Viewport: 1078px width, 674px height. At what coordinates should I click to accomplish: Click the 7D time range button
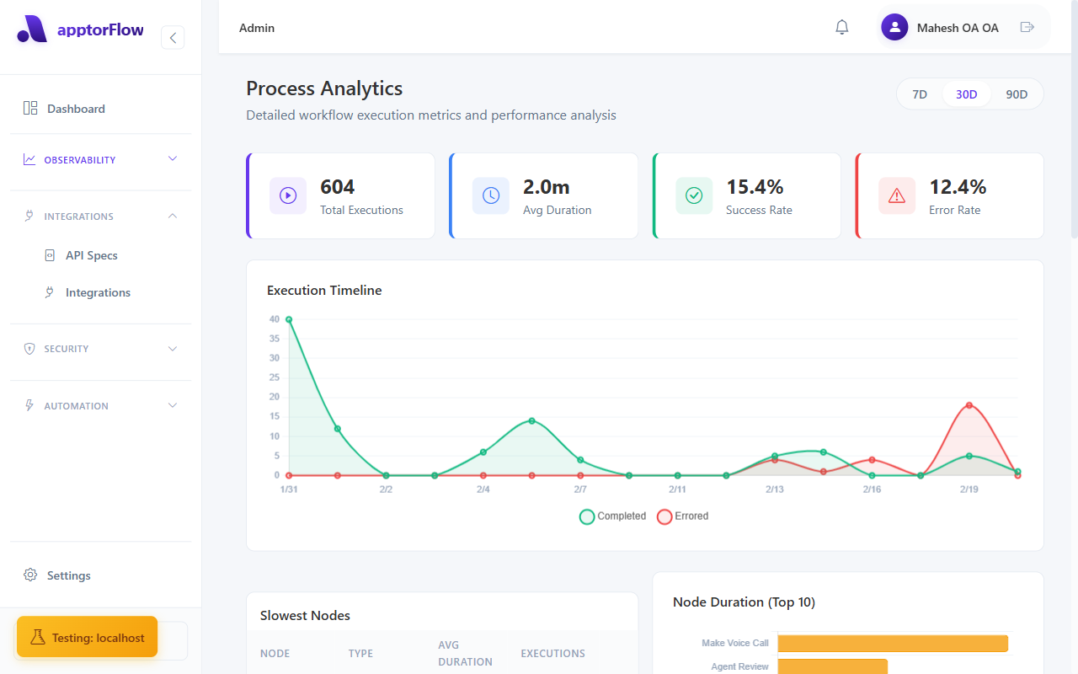click(x=920, y=94)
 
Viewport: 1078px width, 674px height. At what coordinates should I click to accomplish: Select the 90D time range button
click(x=1017, y=94)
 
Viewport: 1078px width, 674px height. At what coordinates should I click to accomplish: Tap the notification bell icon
click(x=841, y=28)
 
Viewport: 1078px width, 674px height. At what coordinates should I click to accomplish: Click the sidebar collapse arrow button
click(x=173, y=37)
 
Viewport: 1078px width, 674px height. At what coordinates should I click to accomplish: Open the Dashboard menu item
click(x=76, y=109)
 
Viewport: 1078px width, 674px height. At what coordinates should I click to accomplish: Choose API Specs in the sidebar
click(x=91, y=255)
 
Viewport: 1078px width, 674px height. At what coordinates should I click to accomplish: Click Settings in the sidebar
click(x=68, y=575)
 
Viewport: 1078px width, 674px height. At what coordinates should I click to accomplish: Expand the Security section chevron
click(x=173, y=349)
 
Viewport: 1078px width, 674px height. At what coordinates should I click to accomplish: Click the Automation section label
click(x=76, y=406)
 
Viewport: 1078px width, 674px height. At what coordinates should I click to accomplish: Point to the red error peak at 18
click(x=969, y=405)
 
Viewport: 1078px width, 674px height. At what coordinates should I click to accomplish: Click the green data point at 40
click(x=289, y=319)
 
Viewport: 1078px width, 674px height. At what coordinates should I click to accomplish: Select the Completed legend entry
click(x=612, y=516)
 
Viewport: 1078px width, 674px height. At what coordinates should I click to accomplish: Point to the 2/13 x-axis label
click(x=774, y=489)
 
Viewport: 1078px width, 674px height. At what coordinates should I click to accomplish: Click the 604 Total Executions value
click(x=338, y=187)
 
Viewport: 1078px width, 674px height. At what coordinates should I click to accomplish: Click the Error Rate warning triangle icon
click(x=897, y=195)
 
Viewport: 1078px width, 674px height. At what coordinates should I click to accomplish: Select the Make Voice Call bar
click(x=892, y=643)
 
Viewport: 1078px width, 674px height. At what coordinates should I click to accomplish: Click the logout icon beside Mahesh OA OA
click(x=1027, y=28)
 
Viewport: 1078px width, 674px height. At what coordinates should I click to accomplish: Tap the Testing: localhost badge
click(x=87, y=638)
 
